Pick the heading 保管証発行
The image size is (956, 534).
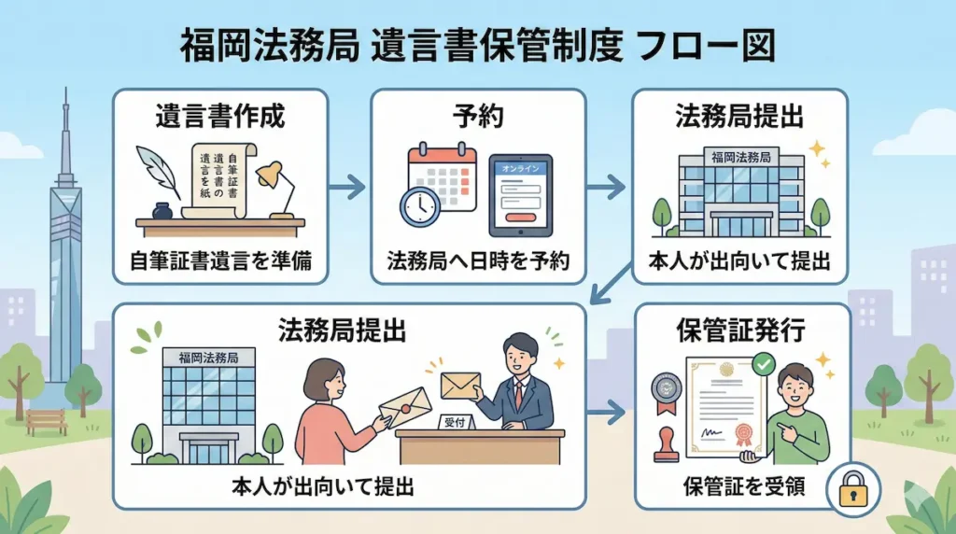pyautogui.click(x=741, y=329)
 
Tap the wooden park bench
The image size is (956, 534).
pyautogui.click(x=47, y=421)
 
